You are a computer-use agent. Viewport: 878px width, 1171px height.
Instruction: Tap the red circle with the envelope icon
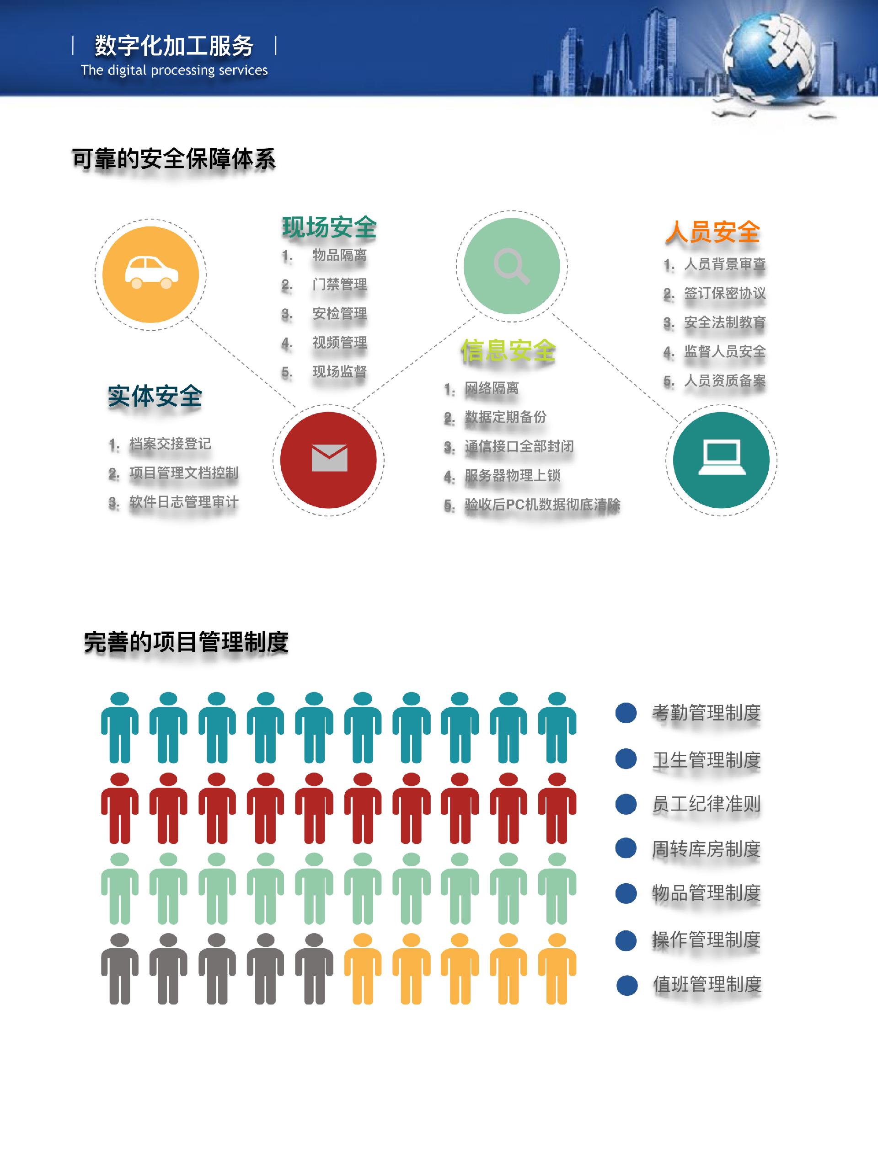(328, 460)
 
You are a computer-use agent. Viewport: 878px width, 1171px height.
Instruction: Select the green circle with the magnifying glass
(511, 266)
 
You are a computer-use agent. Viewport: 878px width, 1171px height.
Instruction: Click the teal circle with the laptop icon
(721, 460)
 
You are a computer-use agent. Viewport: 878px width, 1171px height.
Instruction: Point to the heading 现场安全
(329, 228)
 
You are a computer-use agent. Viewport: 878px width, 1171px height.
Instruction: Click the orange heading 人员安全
(712, 232)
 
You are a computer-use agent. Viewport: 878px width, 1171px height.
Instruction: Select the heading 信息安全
(508, 350)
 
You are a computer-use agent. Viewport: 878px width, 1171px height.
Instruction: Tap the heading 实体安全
(155, 396)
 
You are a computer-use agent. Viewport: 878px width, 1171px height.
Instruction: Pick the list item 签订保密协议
(724, 293)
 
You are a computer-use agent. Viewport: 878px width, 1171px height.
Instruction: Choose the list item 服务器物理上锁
(512, 475)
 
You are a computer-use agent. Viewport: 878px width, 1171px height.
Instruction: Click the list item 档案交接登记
(170, 444)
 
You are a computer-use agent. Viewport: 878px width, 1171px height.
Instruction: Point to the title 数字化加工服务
(174, 46)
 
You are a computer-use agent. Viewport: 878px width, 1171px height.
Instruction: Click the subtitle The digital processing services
(174, 70)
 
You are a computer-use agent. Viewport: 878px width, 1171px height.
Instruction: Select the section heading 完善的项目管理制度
(186, 642)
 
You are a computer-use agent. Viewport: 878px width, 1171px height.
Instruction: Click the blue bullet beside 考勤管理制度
(626, 713)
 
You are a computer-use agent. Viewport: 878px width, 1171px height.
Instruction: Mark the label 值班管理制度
(707, 985)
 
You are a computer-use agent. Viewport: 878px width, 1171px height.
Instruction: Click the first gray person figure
(120, 969)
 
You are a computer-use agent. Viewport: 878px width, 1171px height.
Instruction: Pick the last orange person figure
(557, 969)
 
